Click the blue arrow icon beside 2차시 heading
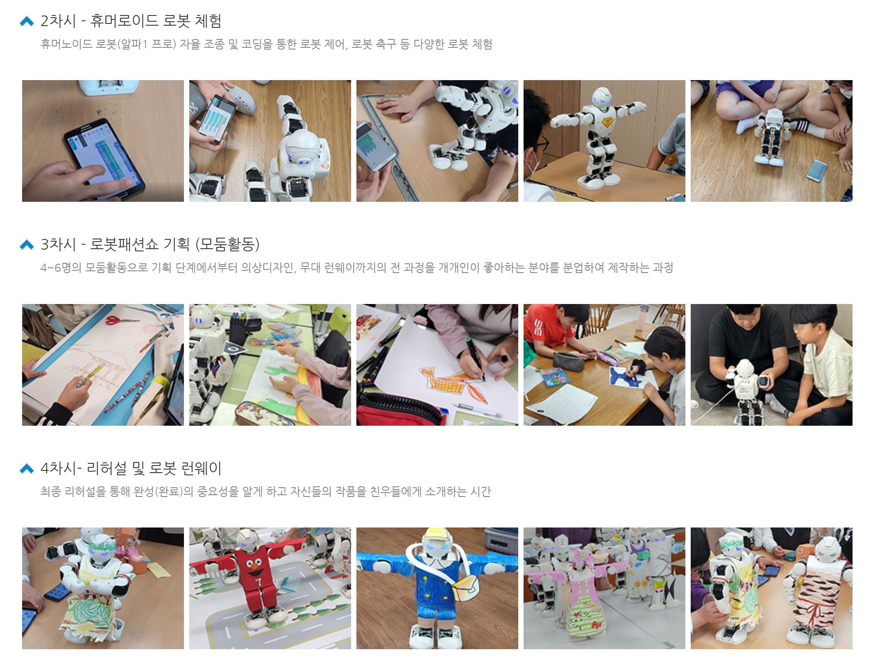click(x=27, y=21)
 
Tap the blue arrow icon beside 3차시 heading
click(x=27, y=245)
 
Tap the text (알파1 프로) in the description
click(x=149, y=44)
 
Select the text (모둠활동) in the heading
click(x=227, y=244)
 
